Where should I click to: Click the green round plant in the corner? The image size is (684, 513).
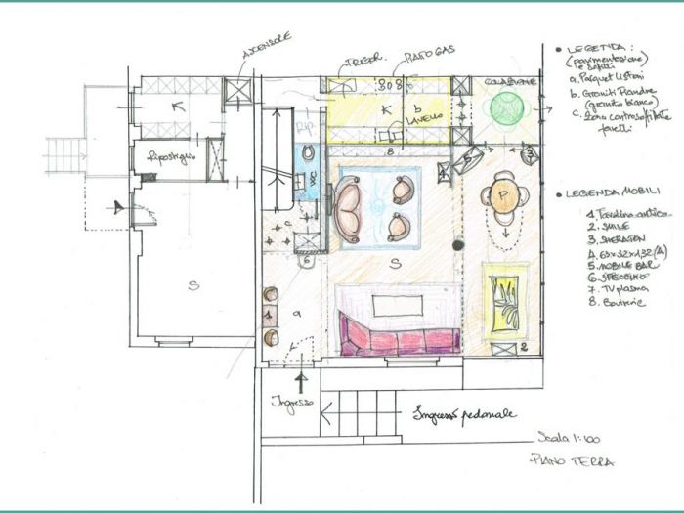(508, 107)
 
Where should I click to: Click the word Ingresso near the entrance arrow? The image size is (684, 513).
(292, 401)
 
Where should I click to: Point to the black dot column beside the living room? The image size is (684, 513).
(457, 245)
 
